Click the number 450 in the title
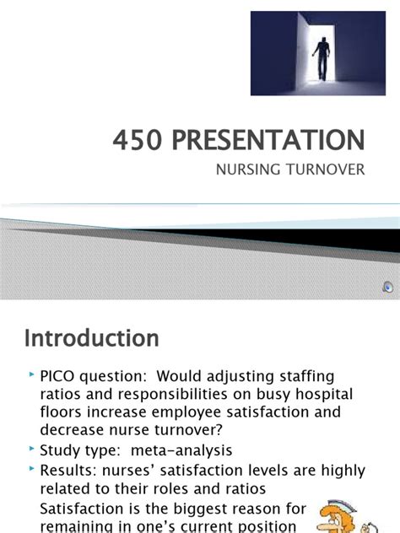click(x=136, y=139)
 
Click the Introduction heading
click(x=91, y=338)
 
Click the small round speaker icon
click(x=386, y=287)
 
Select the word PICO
click(x=59, y=375)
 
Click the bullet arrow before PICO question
click(x=32, y=374)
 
